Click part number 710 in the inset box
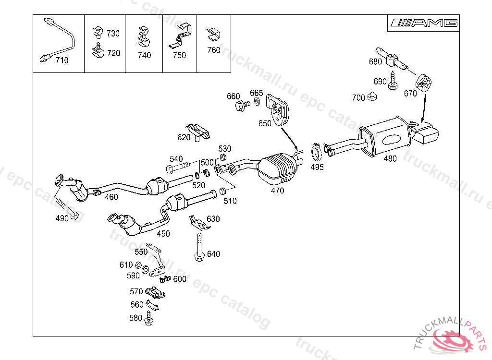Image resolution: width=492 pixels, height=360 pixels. (x=62, y=60)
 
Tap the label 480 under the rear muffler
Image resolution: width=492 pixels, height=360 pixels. (x=390, y=159)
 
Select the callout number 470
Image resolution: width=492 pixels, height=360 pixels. (x=277, y=191)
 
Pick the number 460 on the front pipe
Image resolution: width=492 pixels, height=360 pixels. (x=111, y=197)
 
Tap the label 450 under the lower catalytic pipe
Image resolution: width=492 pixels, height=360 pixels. (x=163, y=234)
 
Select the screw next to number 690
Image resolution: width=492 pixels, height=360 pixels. (x=393, y=81)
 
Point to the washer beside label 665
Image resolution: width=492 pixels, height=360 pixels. (x=257, y=102)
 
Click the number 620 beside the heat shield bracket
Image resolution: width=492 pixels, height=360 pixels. (x=184, y=137)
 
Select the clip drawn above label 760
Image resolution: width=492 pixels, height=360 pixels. (x=213, y=35)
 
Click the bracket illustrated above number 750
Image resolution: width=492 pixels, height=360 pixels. (x=181, y=36)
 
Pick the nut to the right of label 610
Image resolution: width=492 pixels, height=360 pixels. (x=138, y=265)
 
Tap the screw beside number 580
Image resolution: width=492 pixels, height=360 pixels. (x=148, y=317)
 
